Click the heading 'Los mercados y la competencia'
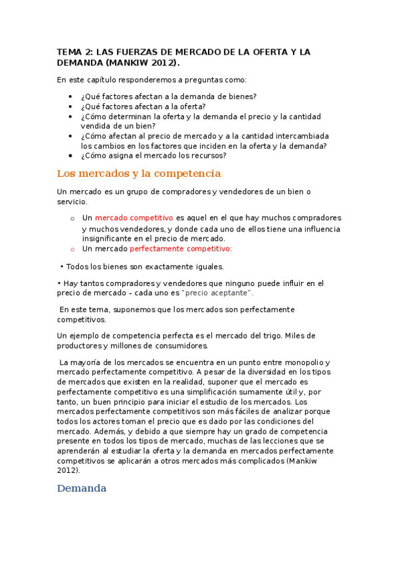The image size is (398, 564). [139, 174]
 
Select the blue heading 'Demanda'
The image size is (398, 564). [82, 488]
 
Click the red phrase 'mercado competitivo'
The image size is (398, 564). [134, 217]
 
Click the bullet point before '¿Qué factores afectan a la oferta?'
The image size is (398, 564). [70, 106]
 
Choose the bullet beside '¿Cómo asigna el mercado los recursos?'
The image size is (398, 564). [70, 156]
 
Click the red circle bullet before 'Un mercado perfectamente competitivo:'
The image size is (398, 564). [72, 249]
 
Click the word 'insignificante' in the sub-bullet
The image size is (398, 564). [110, 238]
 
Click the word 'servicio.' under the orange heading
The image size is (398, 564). [72, 202]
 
